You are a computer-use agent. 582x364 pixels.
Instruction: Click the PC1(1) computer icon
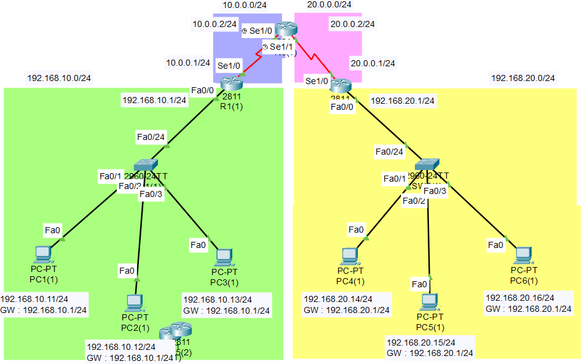(x=42, y=254)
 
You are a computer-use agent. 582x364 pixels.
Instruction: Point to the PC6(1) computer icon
(x=523, y=255)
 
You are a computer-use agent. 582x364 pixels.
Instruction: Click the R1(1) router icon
(x=232, y=83)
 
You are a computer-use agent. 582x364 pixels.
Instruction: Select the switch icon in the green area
(x=146, y=165)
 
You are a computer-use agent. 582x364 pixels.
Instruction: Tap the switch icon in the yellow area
(x=427, y=164)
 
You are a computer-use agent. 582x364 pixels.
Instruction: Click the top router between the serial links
(x=286, y=29)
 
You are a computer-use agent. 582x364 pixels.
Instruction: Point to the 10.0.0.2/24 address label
(x=214, y=24)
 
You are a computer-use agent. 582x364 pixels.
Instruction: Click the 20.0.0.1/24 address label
(x=373, y=63)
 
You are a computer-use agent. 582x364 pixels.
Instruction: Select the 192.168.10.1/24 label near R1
(x=154, y=101)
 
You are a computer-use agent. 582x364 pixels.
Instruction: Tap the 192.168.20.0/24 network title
(x=522, y=78)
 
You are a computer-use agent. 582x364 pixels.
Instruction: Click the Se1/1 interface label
(x=281, y=47)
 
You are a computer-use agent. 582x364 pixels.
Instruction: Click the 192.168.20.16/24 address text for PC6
(x=520, y=298)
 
